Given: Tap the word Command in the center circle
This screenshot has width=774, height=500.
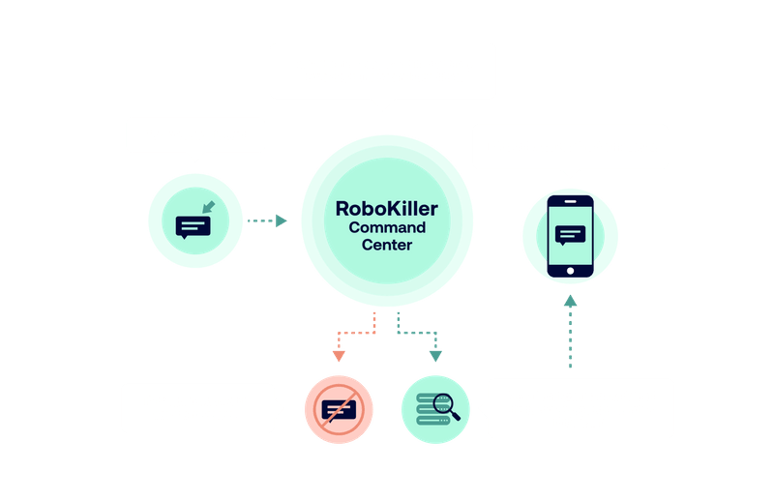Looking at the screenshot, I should click(387, 227).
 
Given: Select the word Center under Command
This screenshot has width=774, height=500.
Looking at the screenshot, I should click(387, 246).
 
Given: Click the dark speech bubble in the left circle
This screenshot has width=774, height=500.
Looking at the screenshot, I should click(193, 227).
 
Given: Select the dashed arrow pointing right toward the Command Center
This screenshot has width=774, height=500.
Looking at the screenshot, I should click(266, 221).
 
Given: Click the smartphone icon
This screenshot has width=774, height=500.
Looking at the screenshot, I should click(570, 237).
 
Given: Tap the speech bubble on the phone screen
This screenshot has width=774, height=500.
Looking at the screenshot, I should click(571, 234).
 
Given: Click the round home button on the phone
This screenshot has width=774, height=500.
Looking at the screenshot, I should click(570, 270).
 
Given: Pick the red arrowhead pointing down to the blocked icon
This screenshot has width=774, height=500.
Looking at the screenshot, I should click(339, 355).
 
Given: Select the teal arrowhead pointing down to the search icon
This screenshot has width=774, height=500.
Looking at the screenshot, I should click(435, 355).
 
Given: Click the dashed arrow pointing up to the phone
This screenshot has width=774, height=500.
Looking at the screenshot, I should click(570, 334).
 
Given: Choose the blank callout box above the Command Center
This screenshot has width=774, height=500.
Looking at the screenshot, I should click(382, 70).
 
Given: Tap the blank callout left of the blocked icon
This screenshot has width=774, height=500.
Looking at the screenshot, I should click(197, 407).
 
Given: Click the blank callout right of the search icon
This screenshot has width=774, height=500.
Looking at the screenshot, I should click(580, 407).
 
